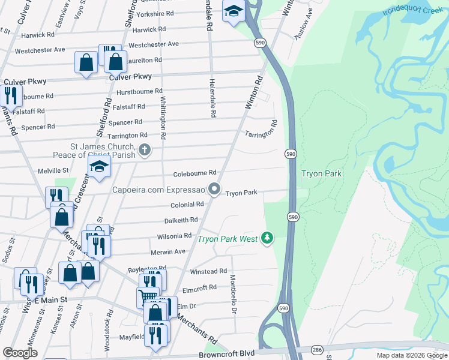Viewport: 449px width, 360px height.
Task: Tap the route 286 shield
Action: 318,350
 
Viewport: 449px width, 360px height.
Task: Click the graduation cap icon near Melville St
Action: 100,167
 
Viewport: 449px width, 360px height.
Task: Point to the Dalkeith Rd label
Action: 181,220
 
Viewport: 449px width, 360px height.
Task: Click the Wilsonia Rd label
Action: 174,236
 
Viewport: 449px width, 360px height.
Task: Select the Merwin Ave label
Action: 167,251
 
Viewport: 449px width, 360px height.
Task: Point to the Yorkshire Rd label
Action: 155,13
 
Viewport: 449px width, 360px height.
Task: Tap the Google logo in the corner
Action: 20,352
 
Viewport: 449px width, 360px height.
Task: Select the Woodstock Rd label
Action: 110,325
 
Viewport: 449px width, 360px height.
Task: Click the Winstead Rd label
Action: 208,271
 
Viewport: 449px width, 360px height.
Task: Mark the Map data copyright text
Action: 412,355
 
